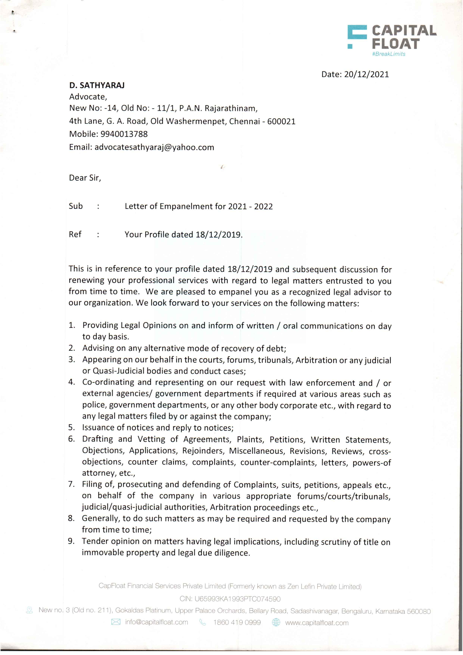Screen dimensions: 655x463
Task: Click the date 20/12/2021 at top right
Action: [366, 74]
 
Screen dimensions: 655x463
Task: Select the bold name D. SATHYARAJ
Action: [97, 85]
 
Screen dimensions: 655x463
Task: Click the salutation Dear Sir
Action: [85, 178]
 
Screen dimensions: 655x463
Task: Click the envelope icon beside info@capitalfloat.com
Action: [116, 622]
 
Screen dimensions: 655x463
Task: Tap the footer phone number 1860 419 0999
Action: [237, 622]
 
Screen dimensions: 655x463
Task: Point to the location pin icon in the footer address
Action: [29, 610]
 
